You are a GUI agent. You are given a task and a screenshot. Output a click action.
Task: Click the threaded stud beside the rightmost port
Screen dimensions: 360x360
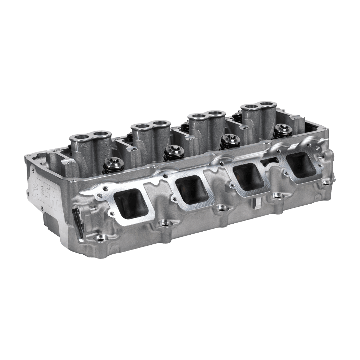pos(321,156)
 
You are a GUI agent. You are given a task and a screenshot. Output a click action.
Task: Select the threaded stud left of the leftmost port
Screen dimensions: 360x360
pos(93,208)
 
